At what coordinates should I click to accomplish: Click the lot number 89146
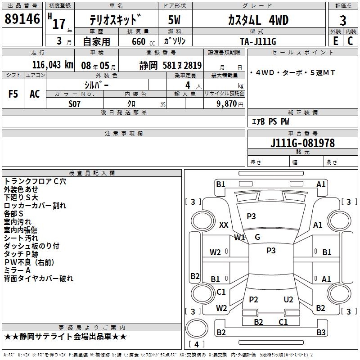coord(22,19)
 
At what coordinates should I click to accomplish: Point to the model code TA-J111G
coord(258,41)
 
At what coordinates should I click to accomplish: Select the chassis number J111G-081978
coord(302,144)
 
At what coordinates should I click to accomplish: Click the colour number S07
coord(75,103)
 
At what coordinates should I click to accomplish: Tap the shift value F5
coord(13,94)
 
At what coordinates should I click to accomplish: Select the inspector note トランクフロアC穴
coord(35,181)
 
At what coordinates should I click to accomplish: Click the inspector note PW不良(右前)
coord(36,262)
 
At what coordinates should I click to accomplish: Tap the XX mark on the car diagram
coord(224,225)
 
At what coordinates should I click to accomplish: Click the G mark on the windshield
coord(257,237)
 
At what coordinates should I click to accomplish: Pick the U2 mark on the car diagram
coord(288,300)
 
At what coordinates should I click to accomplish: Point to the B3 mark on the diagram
coord(320,333)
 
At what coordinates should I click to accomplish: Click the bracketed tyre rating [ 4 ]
coord(197,344)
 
